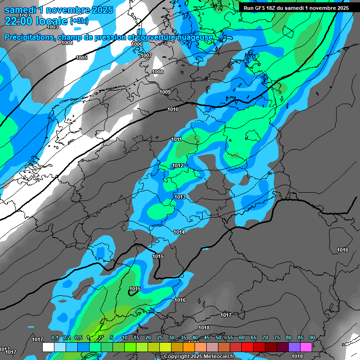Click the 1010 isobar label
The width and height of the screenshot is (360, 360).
point(173,109)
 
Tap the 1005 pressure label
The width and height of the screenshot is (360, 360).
point(82,58)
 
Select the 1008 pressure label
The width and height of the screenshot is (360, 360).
point(157,72)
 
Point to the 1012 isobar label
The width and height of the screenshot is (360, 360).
point(178,165)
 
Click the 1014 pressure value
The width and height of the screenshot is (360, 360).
point(179,232)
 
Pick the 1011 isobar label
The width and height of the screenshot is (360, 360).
point(176,139)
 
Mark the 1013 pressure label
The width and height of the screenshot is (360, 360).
point(180,197)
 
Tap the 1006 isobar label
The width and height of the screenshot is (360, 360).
point(137,44)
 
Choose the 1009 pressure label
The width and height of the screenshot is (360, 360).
point(165,92)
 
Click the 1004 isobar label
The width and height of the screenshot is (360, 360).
point(67,43)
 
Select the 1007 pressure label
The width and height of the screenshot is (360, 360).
point(146,55)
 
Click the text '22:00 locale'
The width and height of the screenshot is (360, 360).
point(36,21)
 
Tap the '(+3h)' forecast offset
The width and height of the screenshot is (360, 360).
point(79,22)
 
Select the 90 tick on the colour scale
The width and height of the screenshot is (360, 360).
point(312,338)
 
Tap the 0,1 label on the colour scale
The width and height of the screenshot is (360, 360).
point(54,338)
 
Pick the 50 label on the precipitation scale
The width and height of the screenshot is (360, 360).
point(218,338)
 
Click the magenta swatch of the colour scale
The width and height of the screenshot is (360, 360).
point(306,347)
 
